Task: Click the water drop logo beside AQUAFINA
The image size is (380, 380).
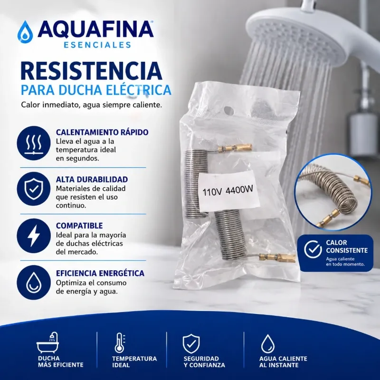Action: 26,32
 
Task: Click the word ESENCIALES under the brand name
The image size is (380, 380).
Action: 97,45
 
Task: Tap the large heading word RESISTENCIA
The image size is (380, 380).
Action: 92,71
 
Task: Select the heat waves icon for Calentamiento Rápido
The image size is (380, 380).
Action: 34,143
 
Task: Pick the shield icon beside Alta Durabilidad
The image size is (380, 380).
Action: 34,189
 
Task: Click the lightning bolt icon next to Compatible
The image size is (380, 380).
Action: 34,236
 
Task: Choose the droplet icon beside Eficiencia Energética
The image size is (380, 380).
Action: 34,283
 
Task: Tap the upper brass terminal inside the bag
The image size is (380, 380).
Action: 235,148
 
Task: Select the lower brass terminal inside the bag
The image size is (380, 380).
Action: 277,257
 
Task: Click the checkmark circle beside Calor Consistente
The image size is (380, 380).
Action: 313,249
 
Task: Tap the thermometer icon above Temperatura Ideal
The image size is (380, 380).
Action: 120,342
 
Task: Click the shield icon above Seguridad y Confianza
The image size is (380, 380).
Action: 191,343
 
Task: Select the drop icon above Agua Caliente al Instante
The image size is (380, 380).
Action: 268,343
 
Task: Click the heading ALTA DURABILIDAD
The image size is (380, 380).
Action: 92,180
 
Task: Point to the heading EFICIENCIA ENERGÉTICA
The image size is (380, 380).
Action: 100,274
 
